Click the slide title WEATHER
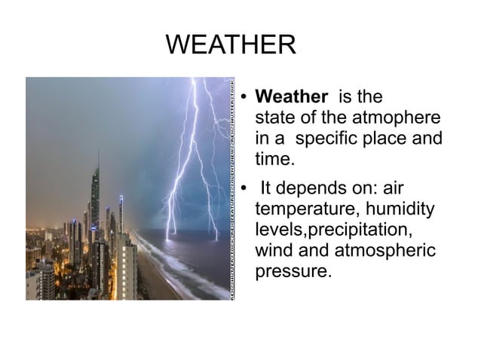click(x=231, y=45)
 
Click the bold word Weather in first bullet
click(x=292, y=97)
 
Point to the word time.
click(x=274, y=160)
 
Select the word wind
click(x=274, y=250)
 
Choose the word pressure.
click(x=293, y=271)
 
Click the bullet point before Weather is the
click(x=245, y=98)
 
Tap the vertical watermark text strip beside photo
click(x=232, y=188)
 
